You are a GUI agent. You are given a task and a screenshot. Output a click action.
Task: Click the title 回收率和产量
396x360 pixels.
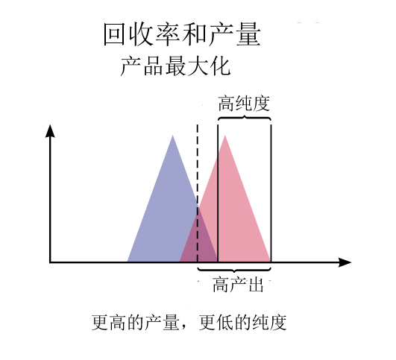(182, 34)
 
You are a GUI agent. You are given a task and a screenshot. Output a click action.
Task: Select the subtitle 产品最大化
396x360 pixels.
(175, 66)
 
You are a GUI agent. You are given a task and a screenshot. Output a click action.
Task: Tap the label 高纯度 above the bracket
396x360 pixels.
(244, 104)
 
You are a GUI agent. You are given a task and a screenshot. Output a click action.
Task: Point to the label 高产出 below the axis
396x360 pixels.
(238, 285)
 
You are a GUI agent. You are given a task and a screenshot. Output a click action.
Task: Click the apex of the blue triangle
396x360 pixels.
(173, 136)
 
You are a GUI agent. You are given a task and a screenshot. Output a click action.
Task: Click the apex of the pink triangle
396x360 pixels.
(224, 136)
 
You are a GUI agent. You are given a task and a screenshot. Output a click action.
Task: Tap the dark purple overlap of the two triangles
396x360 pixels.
(198, 240)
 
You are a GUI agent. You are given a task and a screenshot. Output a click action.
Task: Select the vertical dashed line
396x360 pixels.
(198, 193)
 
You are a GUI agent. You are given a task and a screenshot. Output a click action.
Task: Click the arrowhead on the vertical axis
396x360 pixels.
(50, 130)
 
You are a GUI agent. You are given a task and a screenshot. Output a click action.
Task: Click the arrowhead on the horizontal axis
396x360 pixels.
(345, 262)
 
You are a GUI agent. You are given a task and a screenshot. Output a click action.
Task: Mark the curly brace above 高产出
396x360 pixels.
(234, 270)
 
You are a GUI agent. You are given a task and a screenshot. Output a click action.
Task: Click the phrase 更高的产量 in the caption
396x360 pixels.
(136, 323)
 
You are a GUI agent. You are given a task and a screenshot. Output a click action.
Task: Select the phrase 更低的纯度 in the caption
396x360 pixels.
(242, 323)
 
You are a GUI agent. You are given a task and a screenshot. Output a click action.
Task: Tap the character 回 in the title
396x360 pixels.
(114, 34)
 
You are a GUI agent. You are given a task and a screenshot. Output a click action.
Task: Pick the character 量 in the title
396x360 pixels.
(248, 34)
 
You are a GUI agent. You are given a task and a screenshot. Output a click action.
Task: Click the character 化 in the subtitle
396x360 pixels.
(221, 66)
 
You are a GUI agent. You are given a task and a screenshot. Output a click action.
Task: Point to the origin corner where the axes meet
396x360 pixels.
(50, 262)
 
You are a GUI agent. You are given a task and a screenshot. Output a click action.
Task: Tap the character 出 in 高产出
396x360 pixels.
(256, 285)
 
